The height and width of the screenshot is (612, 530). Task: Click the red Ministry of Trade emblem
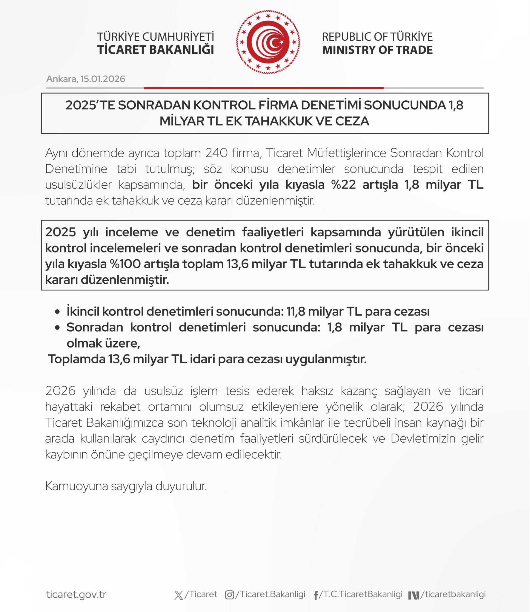click(x=268, y=42)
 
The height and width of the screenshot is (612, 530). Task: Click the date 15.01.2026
click(x=103, y=79)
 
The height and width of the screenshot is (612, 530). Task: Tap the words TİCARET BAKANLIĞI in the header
click(x=156, y=50)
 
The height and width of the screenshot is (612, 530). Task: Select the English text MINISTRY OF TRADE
click(x=377, y=50)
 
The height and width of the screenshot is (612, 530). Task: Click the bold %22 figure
click(x=343, y=185)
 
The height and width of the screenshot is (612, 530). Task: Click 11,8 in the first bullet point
click(x=296, y=312)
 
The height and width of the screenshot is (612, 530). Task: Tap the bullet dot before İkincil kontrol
click(x=58, y=312)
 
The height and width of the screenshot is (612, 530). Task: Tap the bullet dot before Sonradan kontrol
click(x=58, y=328)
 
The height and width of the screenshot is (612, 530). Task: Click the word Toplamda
click(x=77, y=359)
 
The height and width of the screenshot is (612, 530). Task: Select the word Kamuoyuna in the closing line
click(x=76, y=486)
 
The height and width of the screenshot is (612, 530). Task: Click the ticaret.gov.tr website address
click(x=76, y=594)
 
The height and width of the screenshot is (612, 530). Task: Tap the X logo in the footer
click(x=179, y=595)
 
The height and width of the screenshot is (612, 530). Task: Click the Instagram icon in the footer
click(x=229, y=595)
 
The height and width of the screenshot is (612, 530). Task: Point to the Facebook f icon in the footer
click(x=316, y=595)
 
